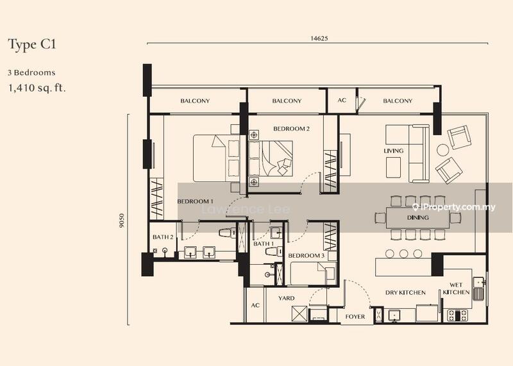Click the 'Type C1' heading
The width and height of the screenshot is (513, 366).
[x=32, y=44]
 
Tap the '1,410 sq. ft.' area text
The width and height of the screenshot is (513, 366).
[x=37, y=88]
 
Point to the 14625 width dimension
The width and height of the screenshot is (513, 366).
[x=319, y=38]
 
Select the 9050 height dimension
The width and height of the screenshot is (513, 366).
[x=122, y=220]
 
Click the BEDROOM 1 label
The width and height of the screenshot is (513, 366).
[x=196, y=201]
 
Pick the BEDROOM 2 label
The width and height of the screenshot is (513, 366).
[x=291, y=129]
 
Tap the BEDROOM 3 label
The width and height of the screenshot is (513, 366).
[x=307, y=256]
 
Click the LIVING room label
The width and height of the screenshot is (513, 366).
[x=394, y=151]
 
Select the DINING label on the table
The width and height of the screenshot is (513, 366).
[x=418, y=217]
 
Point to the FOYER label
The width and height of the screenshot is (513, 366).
[x=355, y=317]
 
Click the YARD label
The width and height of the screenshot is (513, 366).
[x=286, y=298]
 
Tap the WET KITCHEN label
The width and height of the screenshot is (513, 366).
[x=456, y=288]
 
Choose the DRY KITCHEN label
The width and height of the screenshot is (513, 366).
[x=405, y=293]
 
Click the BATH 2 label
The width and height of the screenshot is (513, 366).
[x=163, y=237]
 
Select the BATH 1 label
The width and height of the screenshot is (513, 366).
[x=264, y=244]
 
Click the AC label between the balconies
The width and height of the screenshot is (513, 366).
[x=342, y=100]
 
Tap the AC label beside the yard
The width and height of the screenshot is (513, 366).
[x=255, y=306]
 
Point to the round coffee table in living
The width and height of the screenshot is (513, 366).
[x=443, y=150]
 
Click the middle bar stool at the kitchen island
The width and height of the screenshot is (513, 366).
[x=404, y=253]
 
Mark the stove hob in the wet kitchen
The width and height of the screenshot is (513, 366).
[x=457, y=315]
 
